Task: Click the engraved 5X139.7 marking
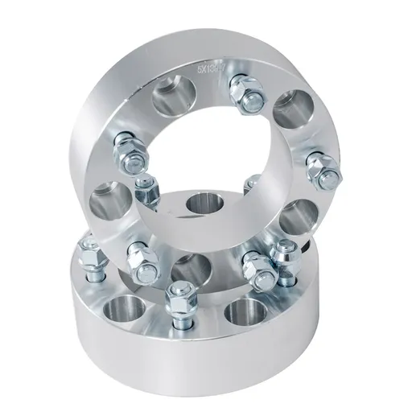point(212,72)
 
